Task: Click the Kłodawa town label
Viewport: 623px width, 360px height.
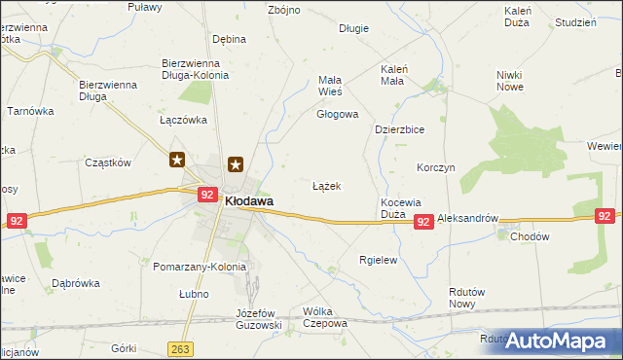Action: coord(249,200)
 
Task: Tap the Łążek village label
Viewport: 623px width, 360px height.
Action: coord(326,185)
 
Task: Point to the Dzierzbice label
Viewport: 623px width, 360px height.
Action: coord(401,128)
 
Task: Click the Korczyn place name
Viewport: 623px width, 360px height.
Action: coord(435,167)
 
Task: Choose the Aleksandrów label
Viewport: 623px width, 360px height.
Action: coord(467,220)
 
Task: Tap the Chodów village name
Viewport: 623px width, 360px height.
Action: coord(530,236)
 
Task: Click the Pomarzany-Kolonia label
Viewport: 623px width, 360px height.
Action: coord(201,266)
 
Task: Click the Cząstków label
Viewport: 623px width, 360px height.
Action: coord(107,163)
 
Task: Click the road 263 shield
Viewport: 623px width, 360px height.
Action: coord(179,348)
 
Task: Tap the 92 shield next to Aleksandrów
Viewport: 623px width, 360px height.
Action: coord(422,223)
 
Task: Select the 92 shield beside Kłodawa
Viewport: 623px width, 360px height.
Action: coord(206,195)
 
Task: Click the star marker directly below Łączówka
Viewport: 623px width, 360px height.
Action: coord(177,160)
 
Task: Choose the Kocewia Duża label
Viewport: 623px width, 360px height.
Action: coord(400,207)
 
